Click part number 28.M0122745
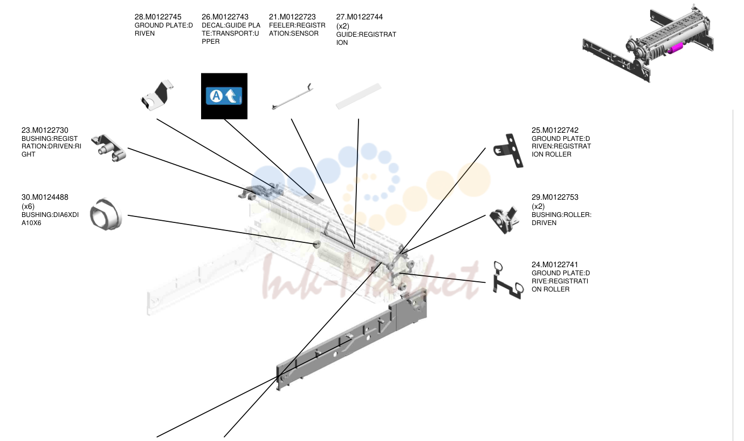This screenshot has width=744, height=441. click(158, 17)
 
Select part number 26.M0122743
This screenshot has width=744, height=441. click(225, 17)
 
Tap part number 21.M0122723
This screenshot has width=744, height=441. click(292, 17)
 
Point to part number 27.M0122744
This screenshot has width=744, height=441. click(360, 17)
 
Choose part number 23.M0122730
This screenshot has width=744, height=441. click(45, 131)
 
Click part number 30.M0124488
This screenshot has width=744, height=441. click(45, 197)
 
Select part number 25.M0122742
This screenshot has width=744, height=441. click(555, 131)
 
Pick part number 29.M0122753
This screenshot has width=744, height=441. click(555, 197)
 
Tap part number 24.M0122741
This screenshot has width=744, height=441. click(555, 264)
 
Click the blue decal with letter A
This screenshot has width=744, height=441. click(224, 96)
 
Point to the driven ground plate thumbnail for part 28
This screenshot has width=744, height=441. click(157, 96)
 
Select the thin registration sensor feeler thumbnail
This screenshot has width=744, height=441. click(292, 97)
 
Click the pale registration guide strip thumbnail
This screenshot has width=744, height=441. click(359, 96)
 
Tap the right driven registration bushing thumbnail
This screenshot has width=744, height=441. click(108, 148)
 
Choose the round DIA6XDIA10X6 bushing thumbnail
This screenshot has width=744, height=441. click(106, 214)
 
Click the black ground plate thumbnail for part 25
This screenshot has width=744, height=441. click(509, 151)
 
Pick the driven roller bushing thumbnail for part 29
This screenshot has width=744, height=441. click(505, 220)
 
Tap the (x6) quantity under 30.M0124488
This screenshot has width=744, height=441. click(28, 206)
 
